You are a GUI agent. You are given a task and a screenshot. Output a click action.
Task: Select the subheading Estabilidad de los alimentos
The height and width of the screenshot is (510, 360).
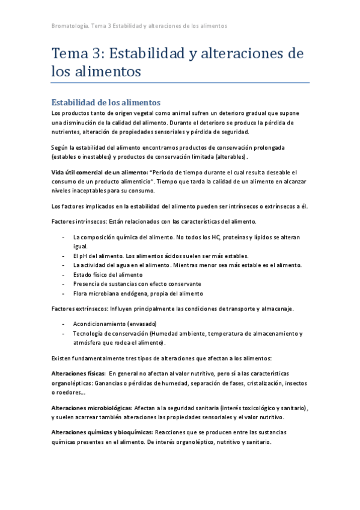pyautogui.click(x=106, y=102)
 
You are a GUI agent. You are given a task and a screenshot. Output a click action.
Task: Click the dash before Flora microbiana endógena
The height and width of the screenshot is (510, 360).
pyautogui.click(x=64, y=293)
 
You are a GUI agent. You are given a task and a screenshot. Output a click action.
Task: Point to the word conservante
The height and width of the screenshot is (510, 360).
pyautogui.click(x=183, y=284)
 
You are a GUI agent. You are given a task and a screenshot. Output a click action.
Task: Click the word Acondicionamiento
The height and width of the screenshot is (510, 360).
pyautogui.click(x=99, y=324)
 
